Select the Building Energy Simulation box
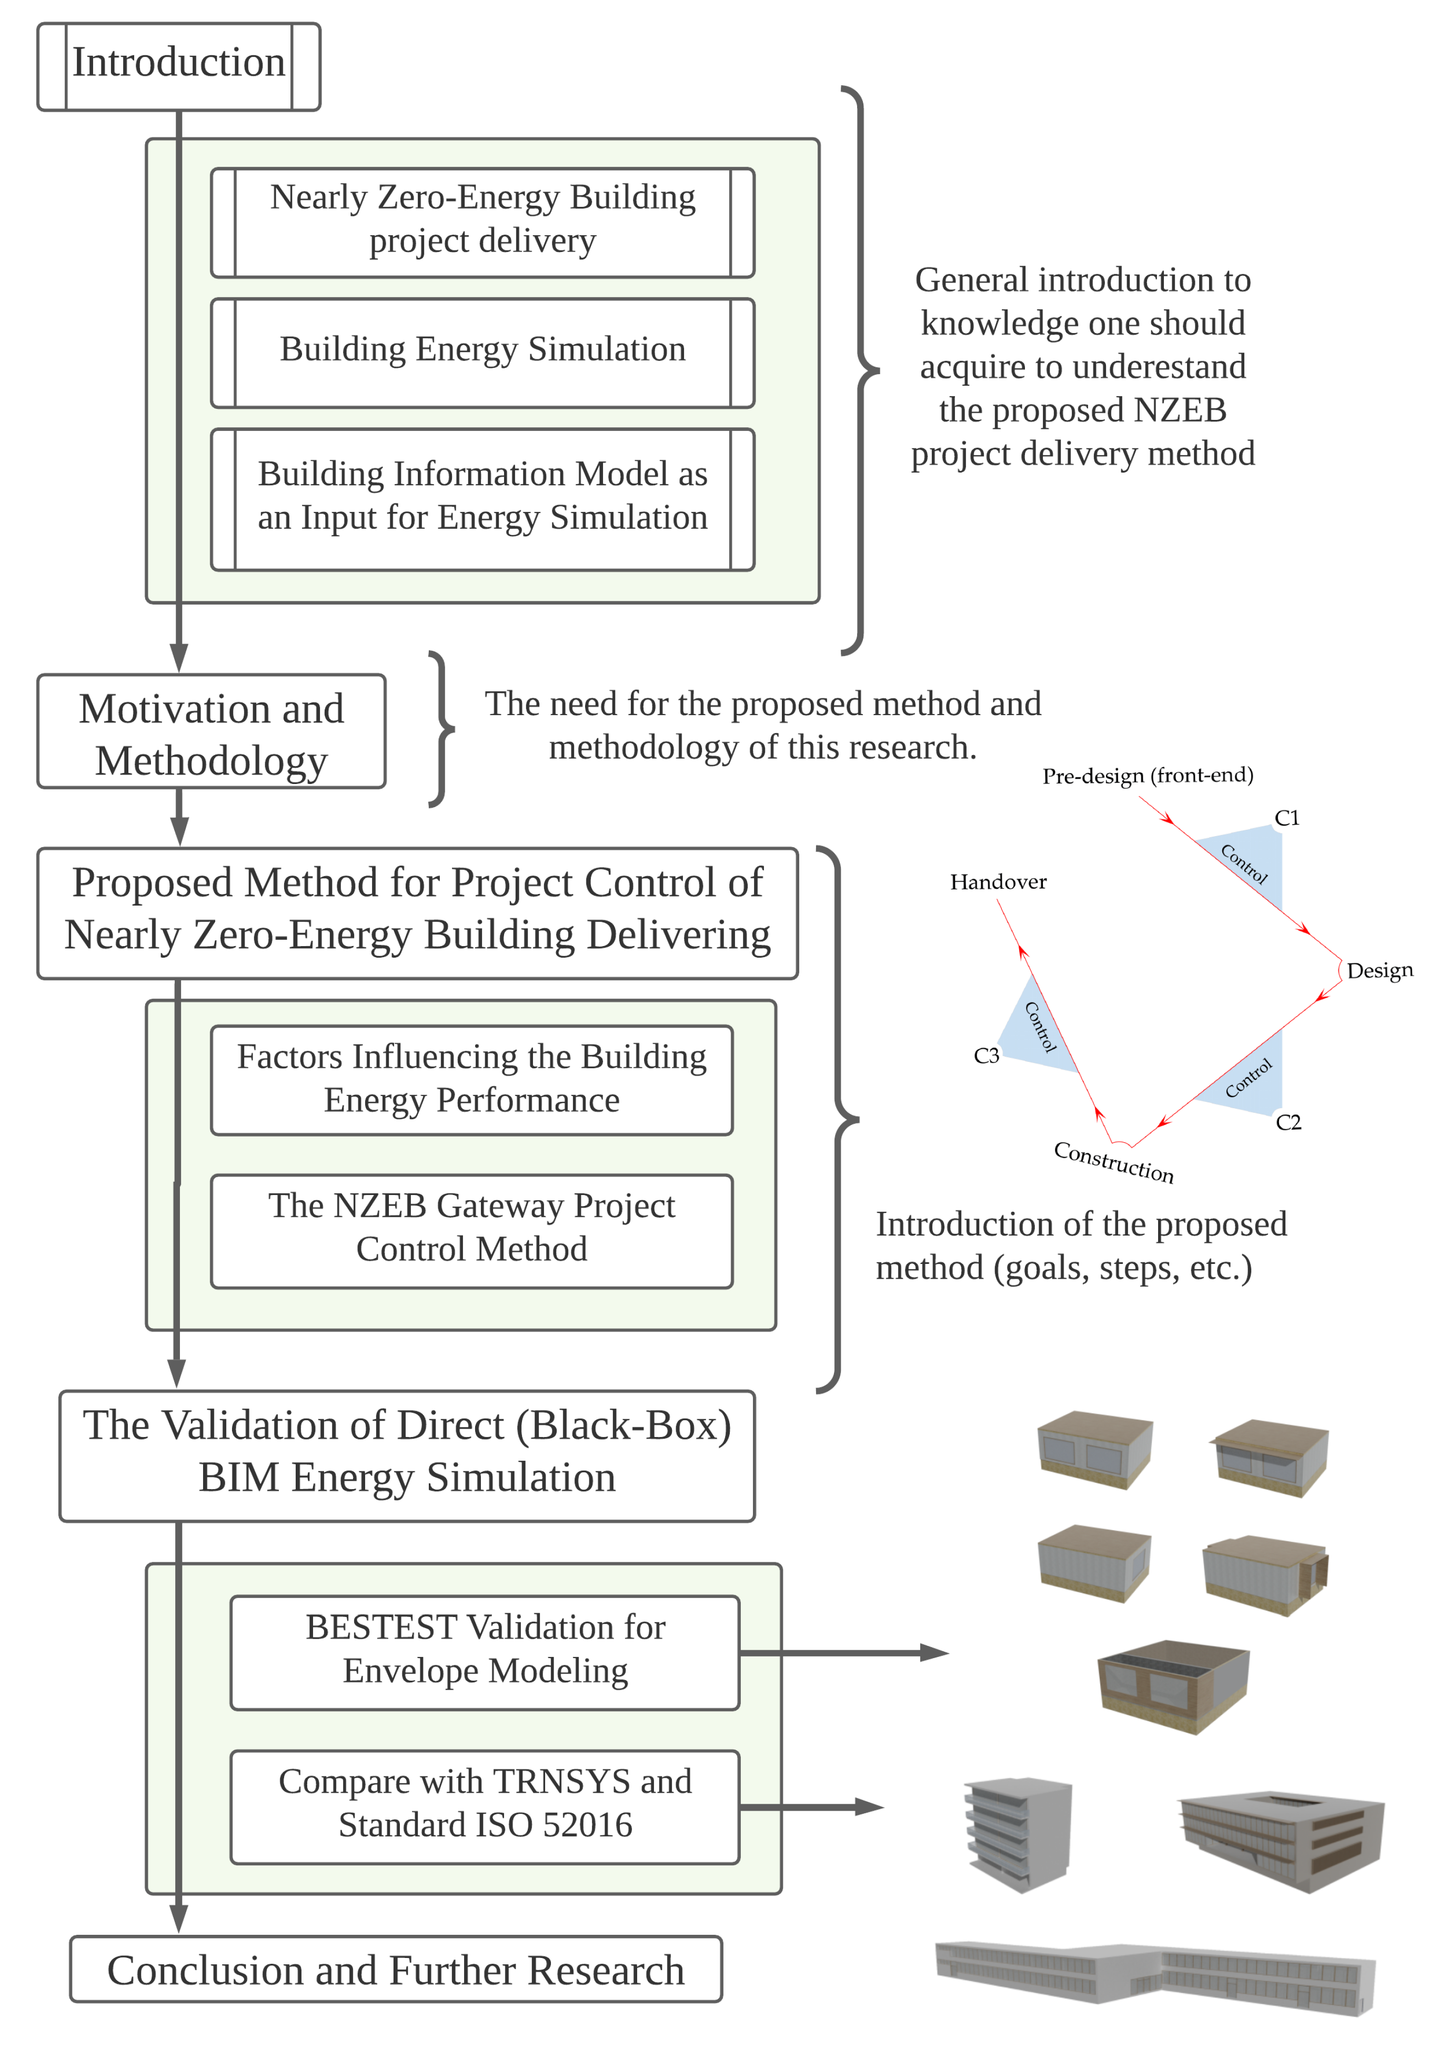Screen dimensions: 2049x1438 pos(482,351)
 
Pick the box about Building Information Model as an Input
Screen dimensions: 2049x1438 pos(482,498)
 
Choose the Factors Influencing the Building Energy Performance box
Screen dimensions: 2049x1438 pos(471,1079)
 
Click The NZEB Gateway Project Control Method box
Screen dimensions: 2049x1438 pos(471,1229)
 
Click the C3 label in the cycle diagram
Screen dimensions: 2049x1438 pos(986,1056)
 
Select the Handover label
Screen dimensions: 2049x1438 pos(997,882)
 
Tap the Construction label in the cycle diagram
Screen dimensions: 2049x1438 pos(1113,1161)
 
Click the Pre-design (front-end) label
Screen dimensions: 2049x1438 pos(1147,776)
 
